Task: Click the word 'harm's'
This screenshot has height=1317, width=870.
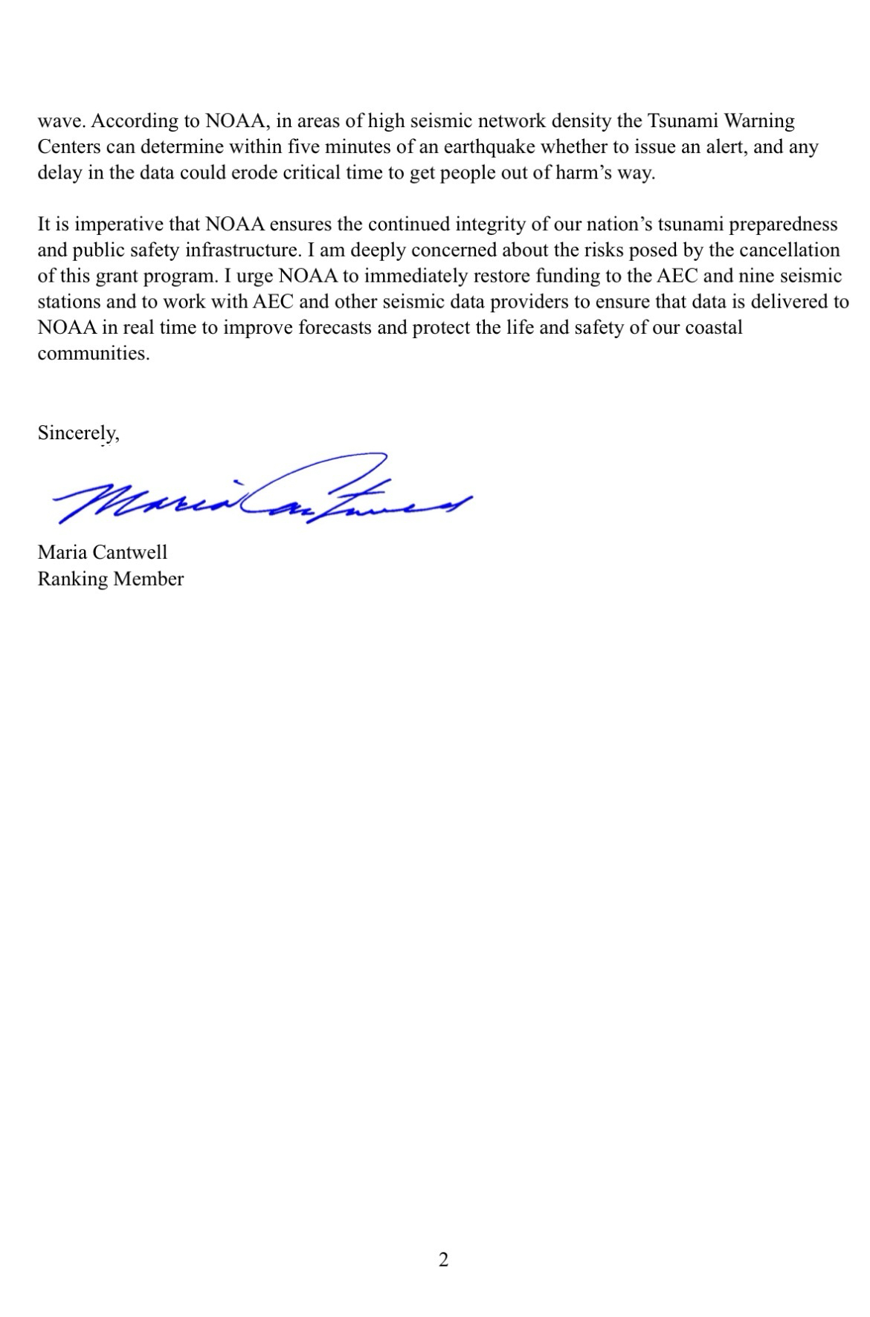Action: point(580,173)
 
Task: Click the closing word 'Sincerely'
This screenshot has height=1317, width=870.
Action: point(77,433)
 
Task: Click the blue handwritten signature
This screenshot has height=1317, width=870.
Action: point(260,492)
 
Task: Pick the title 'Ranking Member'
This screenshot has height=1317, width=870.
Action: point(110,579)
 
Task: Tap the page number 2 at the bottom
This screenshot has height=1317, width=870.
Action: point(443,1260)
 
